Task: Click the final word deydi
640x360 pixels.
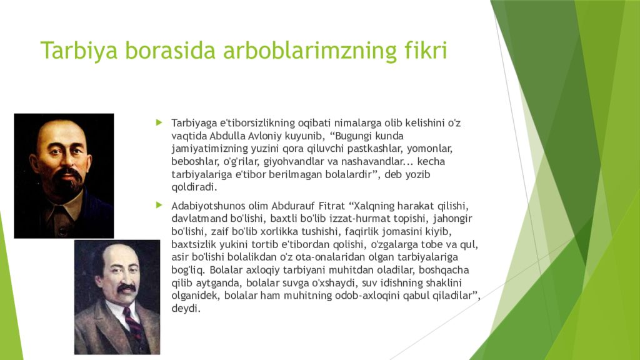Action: (186, 309)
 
